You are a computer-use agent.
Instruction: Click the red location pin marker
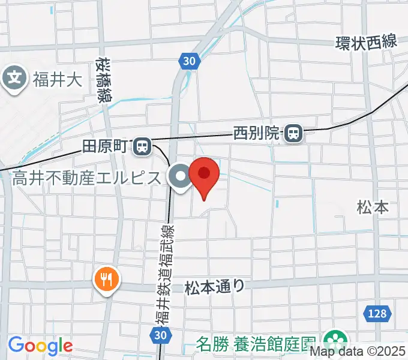click(x=204, y=175)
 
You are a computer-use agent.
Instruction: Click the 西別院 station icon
click(x=294, y=133)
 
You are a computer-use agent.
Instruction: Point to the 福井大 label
click(x=58, y=79)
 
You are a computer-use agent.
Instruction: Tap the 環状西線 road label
click(x=366, y=43)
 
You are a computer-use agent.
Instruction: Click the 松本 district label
click(x=373, y=208)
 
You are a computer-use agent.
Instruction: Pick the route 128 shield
click(x=378, y=313)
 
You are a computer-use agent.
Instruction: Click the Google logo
click(x=40, y=346)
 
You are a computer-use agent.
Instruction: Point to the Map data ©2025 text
click(x=367, y=352)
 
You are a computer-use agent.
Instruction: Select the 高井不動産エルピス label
click(x=87, y=178)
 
